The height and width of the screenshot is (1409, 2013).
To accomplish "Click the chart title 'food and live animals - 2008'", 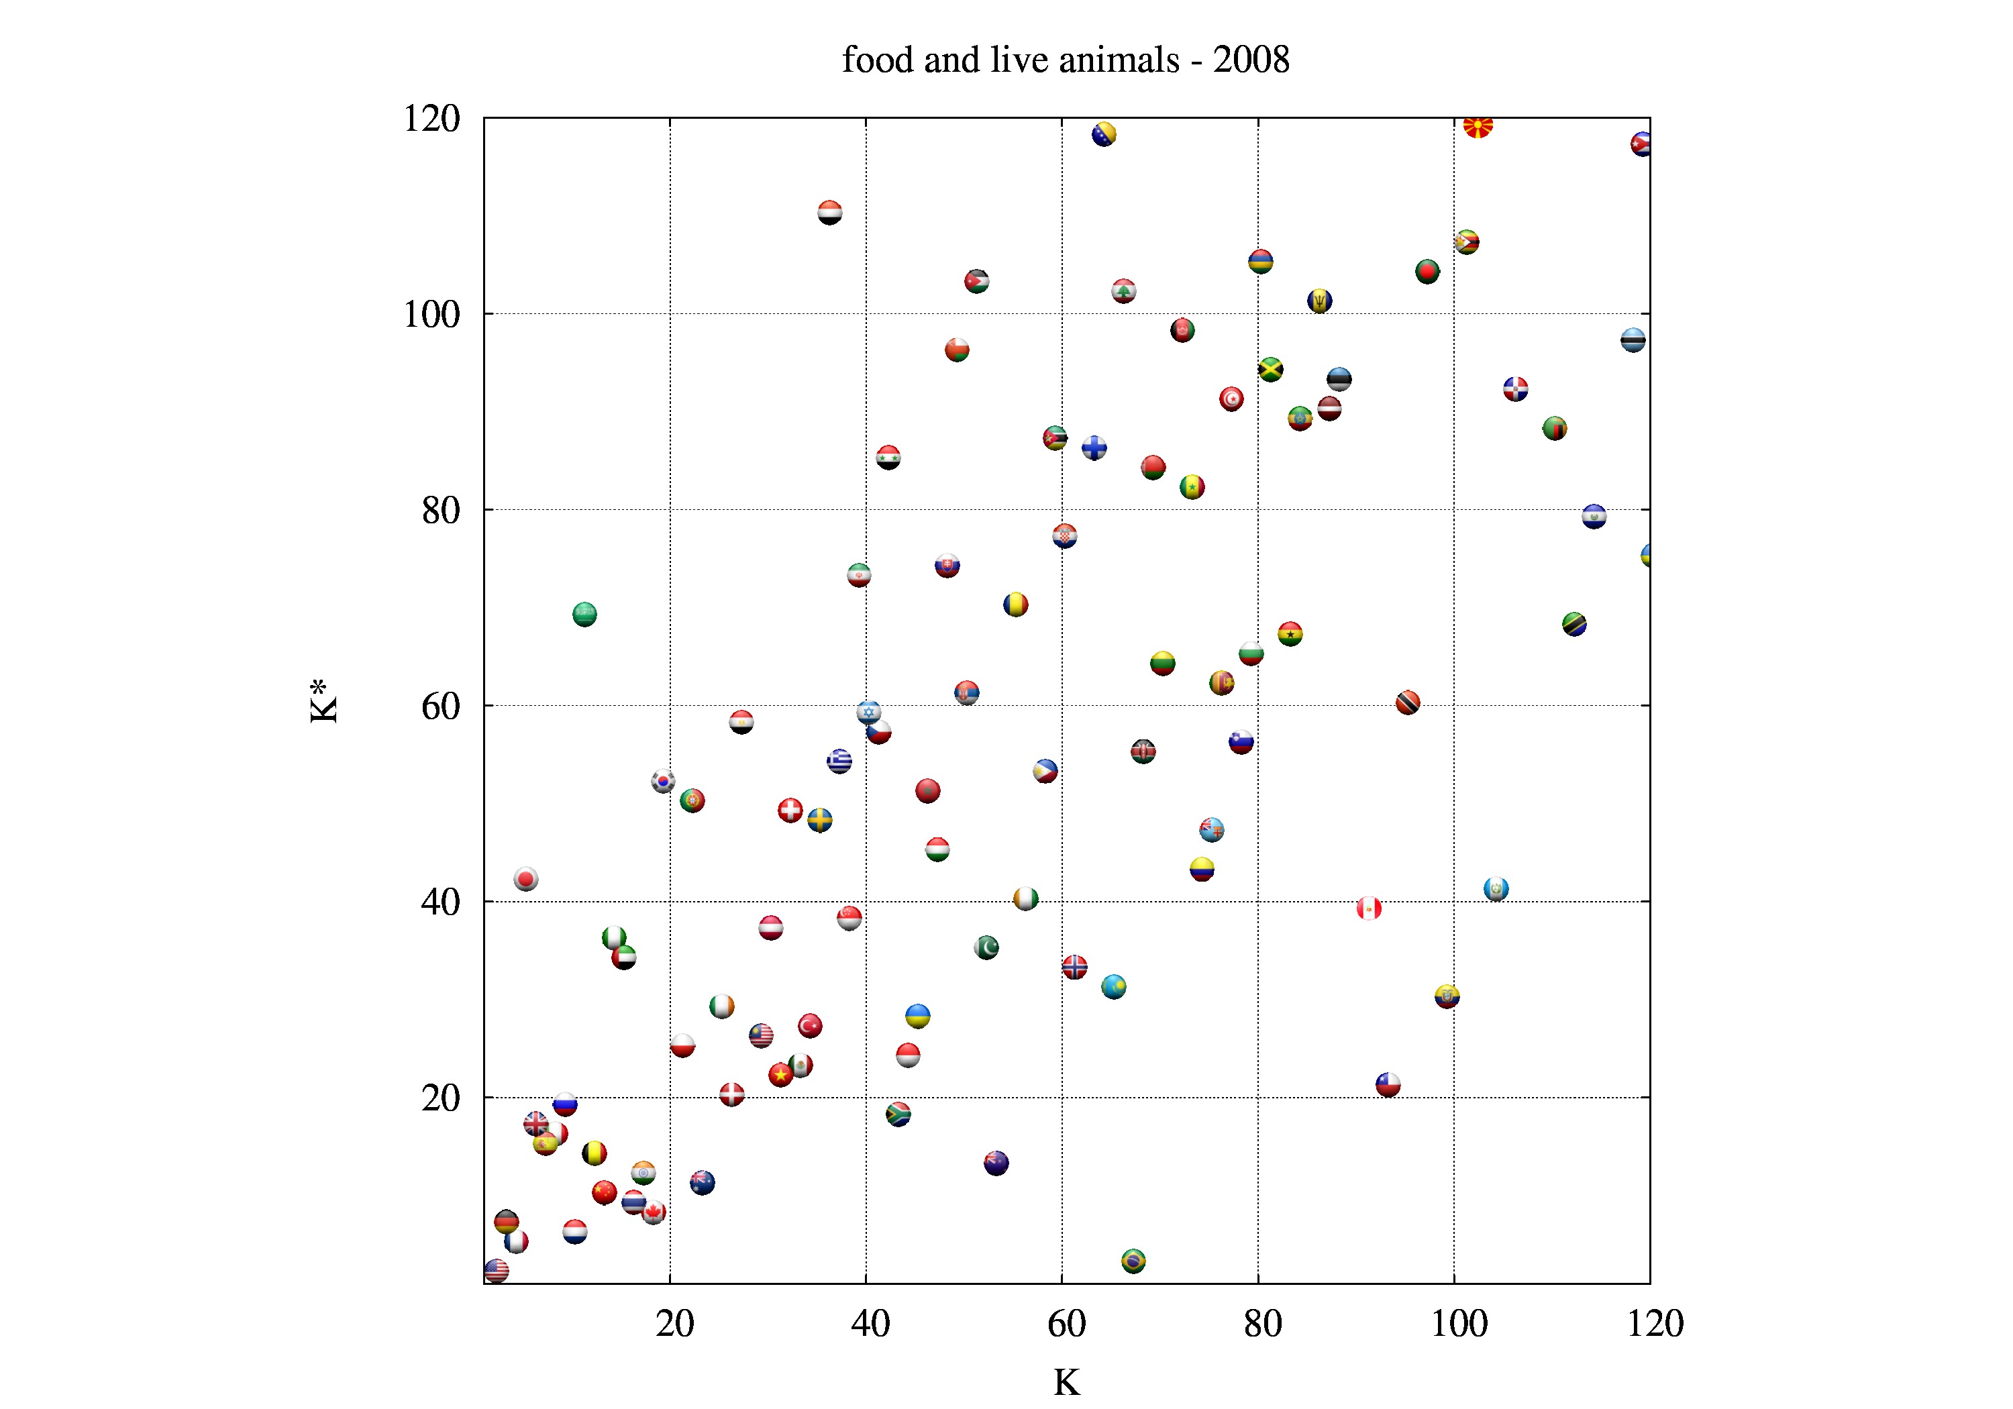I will [x=1066, y=60].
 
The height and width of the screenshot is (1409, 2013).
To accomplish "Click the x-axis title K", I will [x=1066, y=1383].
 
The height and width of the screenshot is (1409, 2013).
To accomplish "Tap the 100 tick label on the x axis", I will [x=1458, y=1324].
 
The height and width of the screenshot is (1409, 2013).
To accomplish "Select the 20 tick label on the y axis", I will [x=440, y=1098].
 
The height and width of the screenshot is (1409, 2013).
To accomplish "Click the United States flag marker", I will [x=497, y=1271].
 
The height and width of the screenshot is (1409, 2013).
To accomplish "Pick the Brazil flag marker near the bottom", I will [x=1133, y=1261].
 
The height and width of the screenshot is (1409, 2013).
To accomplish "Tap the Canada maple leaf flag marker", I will [x=653, y=1212].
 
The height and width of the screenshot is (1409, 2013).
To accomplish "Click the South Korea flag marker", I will [x=663, y=780].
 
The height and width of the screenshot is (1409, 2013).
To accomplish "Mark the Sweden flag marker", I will [x=820, y=821].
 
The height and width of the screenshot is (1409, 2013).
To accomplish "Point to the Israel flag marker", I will [x=868, y=712].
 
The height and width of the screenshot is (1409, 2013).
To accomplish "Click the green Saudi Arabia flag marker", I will [x=585, y=615].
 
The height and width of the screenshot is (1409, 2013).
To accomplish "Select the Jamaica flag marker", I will [x=1270, y=369].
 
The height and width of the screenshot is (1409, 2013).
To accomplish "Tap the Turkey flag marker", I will [x=809, y=1025].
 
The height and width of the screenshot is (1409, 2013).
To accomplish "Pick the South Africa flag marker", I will [x=898, y=1114].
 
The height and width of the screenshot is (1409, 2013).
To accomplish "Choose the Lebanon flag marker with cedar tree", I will [x=1123, y=291].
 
